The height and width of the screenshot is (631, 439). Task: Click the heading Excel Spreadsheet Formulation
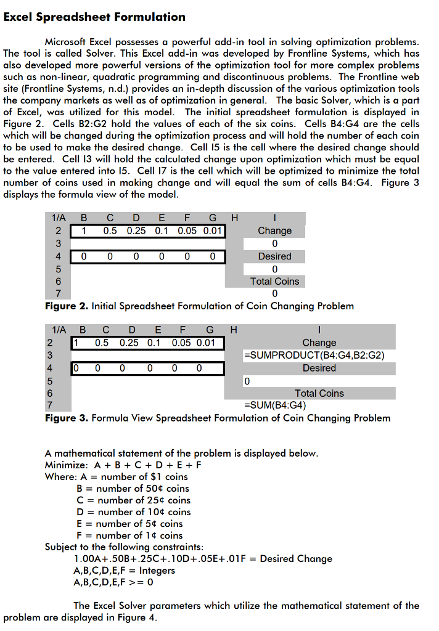point(94,17)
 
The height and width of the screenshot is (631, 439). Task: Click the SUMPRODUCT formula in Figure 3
point(314,355)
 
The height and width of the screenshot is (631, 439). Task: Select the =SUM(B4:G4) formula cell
point(276,405)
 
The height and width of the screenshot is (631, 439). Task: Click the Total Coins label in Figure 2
point(274,281)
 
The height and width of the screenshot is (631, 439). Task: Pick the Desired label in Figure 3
point(319,368)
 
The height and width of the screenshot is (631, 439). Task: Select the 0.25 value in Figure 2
point(136,230)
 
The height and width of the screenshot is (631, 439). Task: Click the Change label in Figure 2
point(274,230)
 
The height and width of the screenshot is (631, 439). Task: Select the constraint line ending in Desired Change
point(202,559)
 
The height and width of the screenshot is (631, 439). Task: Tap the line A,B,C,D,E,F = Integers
point(124,571)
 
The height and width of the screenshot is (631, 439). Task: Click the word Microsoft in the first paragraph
point(68,42)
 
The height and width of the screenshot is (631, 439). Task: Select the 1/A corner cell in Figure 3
point(59,330)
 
